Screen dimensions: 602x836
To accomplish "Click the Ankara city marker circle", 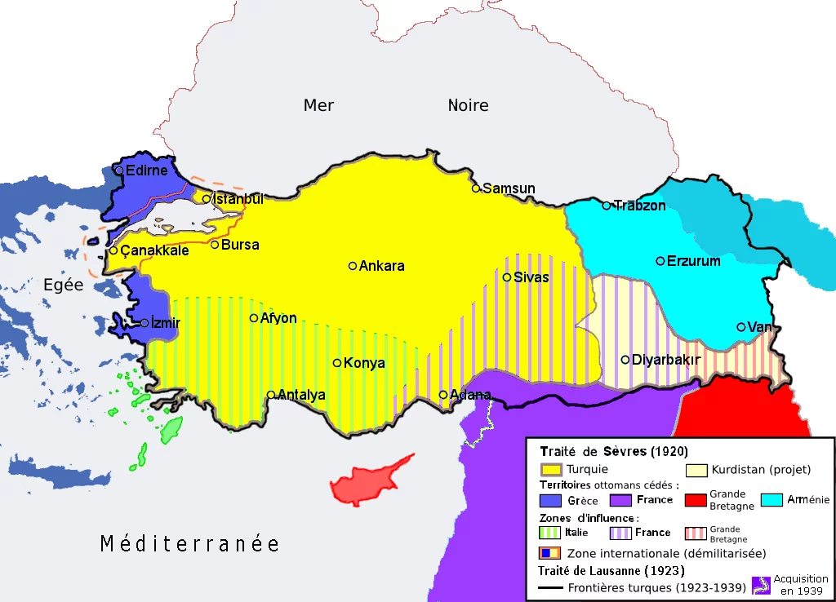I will [x=353, y=265].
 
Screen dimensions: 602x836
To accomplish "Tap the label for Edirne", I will [x=147, y=170].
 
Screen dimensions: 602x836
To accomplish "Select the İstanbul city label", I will [x=238, y=199].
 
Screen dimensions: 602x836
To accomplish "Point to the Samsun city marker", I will [x=476, y=188].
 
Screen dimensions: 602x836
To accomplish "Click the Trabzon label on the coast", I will [x=640, y=206].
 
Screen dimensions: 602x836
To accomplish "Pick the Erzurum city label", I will [x=694, y=261].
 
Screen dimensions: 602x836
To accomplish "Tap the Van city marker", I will [x=741, y=327].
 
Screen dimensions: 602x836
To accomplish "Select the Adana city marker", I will [x=443, y=395].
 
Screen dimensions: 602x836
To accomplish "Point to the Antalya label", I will [x=302, y=396].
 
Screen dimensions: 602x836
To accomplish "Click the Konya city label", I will [x=364, y=363].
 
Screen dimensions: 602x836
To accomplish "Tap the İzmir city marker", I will [x=145, y=323].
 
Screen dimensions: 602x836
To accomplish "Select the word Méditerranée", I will [x=189, y=544].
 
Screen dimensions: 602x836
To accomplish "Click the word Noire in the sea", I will [x=468, y=105].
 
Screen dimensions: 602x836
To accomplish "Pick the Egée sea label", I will [x=63, y=286].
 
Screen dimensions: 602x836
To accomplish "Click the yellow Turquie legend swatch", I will [x=551, y=470].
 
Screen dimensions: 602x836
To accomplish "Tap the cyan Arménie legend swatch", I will [x=772, y=499].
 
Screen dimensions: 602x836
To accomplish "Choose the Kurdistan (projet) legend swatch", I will [x=696, y=470].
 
